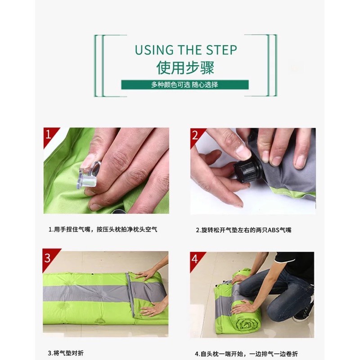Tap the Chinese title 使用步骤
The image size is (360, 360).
pos(185,68)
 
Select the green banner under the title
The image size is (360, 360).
pos(185,85)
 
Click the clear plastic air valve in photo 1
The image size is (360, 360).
pos(89,175)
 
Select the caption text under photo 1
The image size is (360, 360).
pos(103,229)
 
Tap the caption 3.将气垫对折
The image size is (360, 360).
pos(66,353)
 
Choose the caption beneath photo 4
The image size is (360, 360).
pos(246,354)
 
